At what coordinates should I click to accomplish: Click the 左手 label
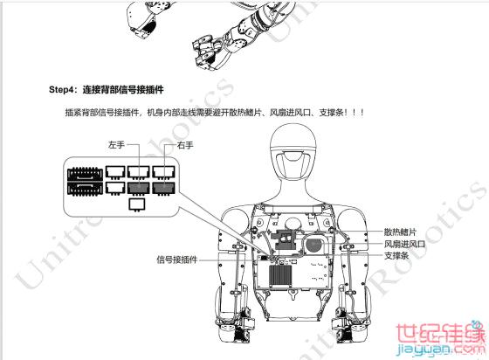[x=116, y=145]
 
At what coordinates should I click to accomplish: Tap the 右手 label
[x=185, y=145]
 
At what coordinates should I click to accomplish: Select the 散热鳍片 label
[x=400, y=232]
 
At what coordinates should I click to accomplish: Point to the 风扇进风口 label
[x=404, y=244]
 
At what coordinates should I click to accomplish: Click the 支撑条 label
[x=396, y=255]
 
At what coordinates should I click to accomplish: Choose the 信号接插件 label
[x=176, y=260]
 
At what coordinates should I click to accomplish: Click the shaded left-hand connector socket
[x=139, y=189]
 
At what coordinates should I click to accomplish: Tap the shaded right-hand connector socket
[x=164, y=189]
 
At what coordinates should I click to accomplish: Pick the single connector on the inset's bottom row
[x=137, y=204]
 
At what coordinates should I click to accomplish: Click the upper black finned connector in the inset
[x=86, y=174]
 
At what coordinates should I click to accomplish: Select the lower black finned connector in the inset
[x=86, y=189]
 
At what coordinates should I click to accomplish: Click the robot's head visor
[x=293, y=163]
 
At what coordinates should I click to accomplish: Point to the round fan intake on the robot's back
[x=314, y=245]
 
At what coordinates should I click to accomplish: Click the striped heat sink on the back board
[x=280, y=276]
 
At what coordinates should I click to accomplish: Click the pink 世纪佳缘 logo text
[x=440, y=334]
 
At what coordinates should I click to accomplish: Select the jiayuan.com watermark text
[x=440, y=350]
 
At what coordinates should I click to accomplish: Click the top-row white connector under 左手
[x=139, y=172]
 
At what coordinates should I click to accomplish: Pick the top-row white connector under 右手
[x=164, y=172]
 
